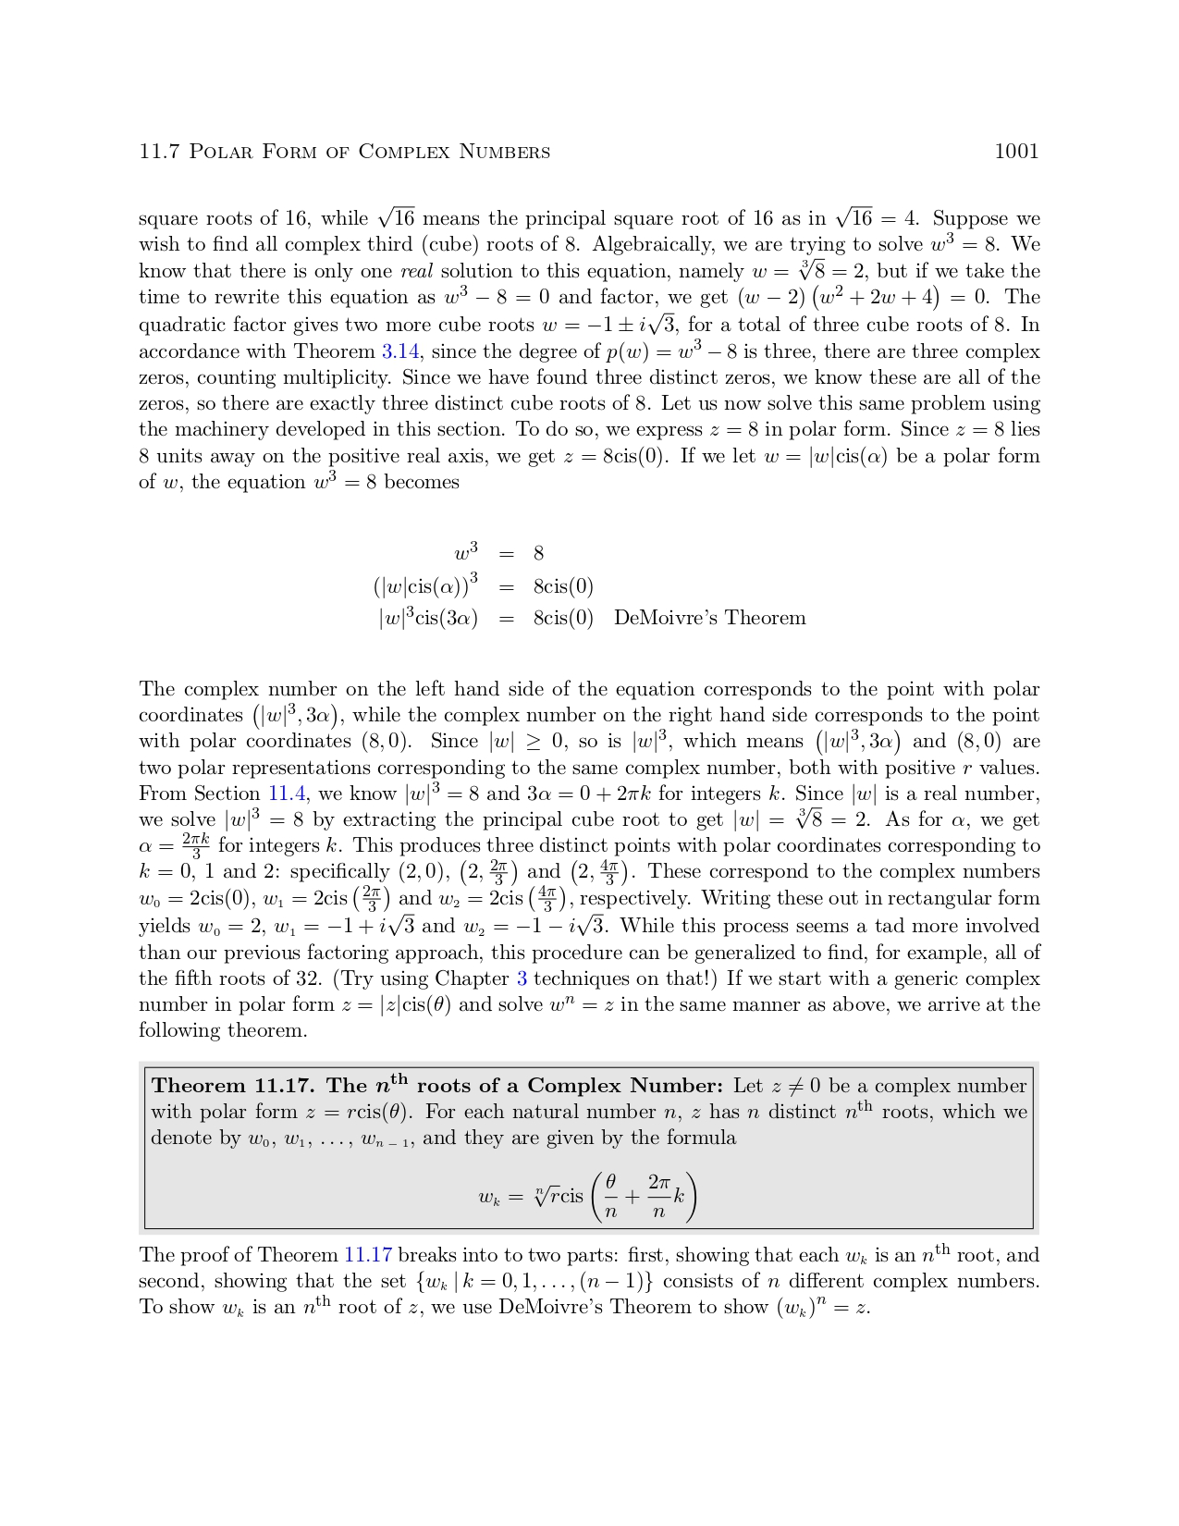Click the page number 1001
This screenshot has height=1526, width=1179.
click(x=1016, y=152)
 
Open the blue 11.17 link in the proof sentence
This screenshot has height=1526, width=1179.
click(x=368, y=1255)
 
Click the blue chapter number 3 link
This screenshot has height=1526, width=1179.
click(x=522, y=978)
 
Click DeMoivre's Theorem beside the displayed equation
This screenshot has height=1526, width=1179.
click(x=709, y=618)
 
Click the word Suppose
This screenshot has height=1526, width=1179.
click(x=970, y=218)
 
